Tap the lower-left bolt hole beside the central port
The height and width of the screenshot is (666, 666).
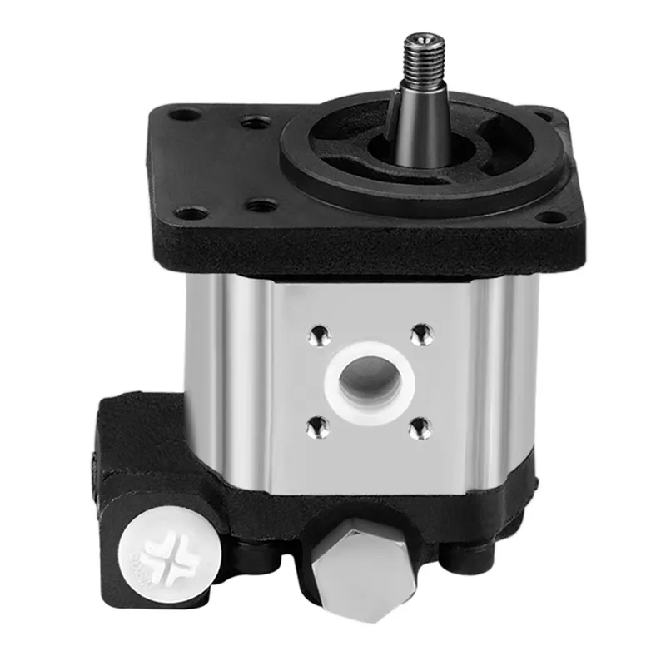316,428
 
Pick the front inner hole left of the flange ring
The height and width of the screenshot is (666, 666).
261,205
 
